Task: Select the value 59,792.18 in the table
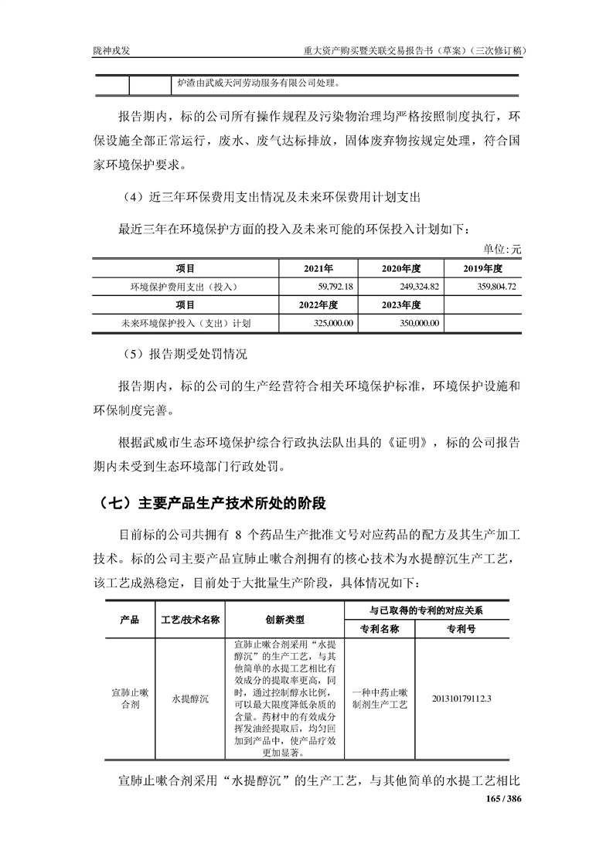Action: point(330,287)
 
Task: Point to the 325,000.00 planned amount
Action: point(330,323)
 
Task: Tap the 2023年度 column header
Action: point(401,304)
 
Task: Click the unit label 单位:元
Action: point(502,250)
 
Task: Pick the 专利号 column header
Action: point(461,628)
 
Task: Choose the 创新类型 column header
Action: point(284,619)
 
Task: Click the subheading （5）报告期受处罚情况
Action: point(184,356)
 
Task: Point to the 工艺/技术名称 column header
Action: point(189,619)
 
